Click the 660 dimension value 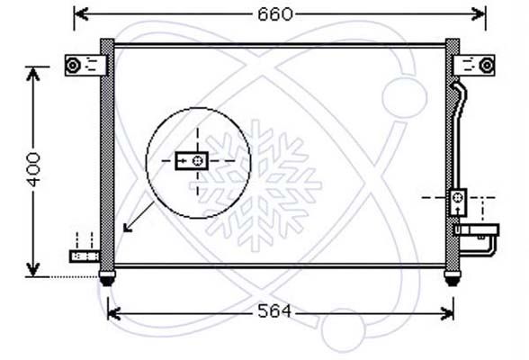click(275, 14)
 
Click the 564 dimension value click(273, 311)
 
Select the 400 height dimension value click(33, 169)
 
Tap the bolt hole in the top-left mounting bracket click(73, 65)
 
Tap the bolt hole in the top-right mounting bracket click(487, 65)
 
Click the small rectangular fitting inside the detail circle click(192, 160)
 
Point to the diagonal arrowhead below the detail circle click(128, 228)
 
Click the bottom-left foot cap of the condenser click(107, 278)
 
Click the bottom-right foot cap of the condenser click(452, 278)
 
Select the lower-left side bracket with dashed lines click(85, 256)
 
